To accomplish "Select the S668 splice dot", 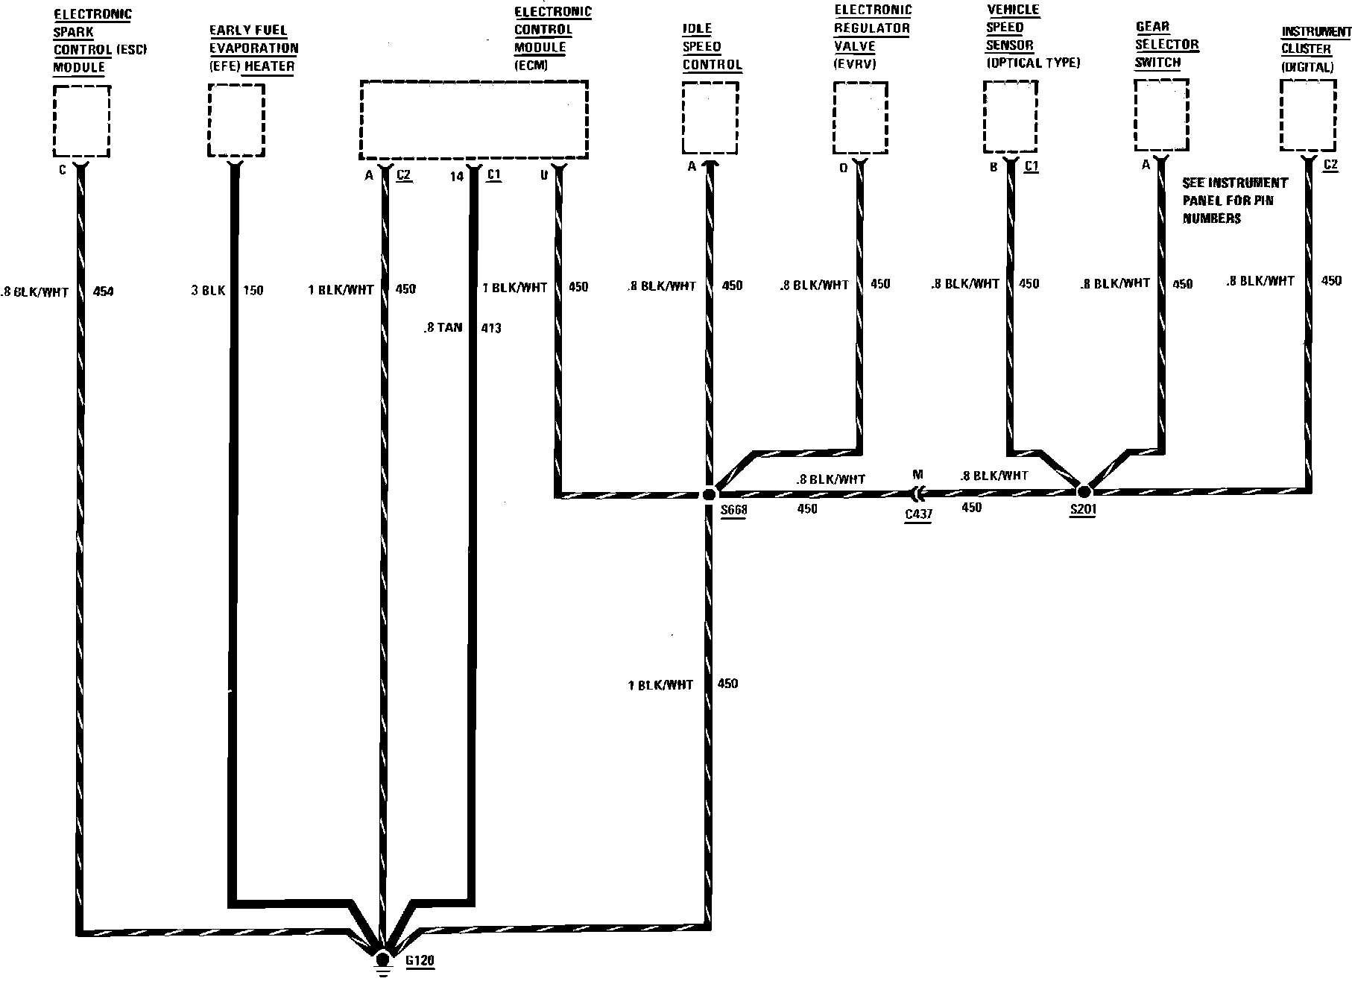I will coord(709,494).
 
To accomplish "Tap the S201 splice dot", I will coord(1084,491).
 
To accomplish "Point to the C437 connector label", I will coord(918,514).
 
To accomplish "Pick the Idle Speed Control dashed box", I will coord(710,119).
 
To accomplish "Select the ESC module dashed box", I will coord(82,121).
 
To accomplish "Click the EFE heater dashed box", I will coord(236,120).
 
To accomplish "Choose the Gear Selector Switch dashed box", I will coord(1161,115).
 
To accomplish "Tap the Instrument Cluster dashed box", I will coord(1308,115).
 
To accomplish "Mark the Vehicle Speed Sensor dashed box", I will coord(1011,116).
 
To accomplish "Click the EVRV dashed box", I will coord(860,117).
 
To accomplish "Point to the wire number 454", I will coord(103,291).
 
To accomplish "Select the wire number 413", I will coord(491,327).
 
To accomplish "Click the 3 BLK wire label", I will coord(208,291).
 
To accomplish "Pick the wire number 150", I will coord(253,291).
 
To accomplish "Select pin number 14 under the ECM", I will coord(457,177).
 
